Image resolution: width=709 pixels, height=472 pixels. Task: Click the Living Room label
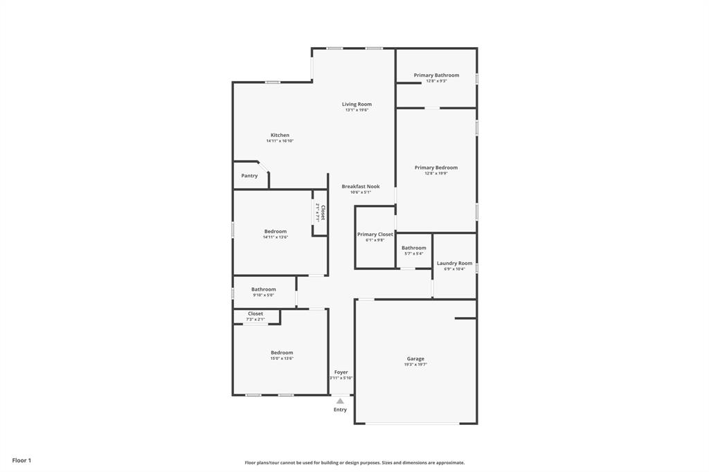pos(357,105)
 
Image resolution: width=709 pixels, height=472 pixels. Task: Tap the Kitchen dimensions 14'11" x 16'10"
pos(280,141)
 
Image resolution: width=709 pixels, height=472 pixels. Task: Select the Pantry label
pos(249,176)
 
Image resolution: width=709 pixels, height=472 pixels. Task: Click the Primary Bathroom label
pos(436,75)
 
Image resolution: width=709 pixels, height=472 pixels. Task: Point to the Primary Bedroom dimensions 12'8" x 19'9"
pos(436,174)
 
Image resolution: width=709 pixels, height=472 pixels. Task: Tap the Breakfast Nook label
pos(361,187)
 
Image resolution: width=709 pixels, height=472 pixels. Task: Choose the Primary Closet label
pos(375,235)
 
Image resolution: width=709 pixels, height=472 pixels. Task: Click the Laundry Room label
pos(454,263)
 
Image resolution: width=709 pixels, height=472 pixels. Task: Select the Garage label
pos(415,358)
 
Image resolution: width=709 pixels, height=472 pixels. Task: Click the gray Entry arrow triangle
pos(340,401)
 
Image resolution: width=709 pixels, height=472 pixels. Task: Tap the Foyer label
pos(341,372)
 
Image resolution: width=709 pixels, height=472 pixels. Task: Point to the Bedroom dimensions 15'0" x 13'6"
pos(282,358)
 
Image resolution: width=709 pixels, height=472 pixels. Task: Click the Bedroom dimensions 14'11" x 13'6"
pos(275,237)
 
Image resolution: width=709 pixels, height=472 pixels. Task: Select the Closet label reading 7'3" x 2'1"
pos(255,314)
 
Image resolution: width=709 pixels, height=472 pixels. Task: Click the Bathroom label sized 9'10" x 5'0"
pos(263,289)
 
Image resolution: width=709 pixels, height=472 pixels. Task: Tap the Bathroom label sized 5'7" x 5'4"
pos(414,248)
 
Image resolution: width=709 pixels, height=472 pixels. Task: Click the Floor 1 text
pos(21,460)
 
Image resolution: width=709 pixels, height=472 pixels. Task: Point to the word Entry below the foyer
pos(340,410)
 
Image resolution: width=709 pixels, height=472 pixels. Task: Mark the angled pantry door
pos(263,166)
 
